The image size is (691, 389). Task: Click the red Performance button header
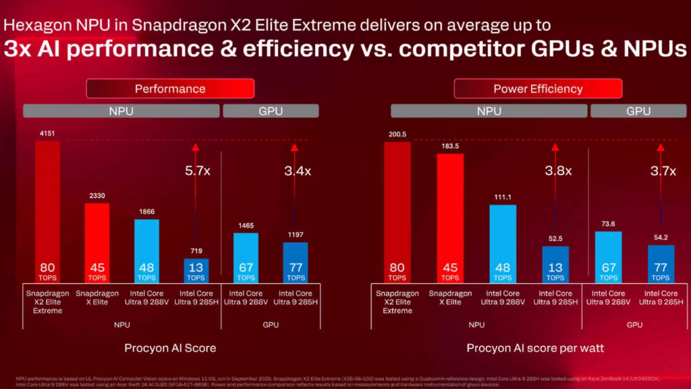pos(170,88)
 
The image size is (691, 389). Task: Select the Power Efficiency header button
pos(538,88)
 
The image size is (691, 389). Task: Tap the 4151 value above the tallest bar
pos(48,134)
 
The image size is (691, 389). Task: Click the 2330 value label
pos(97,196)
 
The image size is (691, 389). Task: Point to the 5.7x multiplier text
pos(197,171)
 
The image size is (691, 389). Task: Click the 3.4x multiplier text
pos(298,171)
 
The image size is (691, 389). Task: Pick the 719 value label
pos(196,251)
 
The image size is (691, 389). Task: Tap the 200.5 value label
pos(397,134)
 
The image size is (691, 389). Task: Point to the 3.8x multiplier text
pos(558,171)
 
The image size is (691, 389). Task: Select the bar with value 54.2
pos(661,263)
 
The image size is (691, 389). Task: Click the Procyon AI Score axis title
pos(170,348)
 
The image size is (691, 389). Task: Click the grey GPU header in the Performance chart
pos(271,111)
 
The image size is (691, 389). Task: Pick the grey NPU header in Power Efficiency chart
pos(489,111)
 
